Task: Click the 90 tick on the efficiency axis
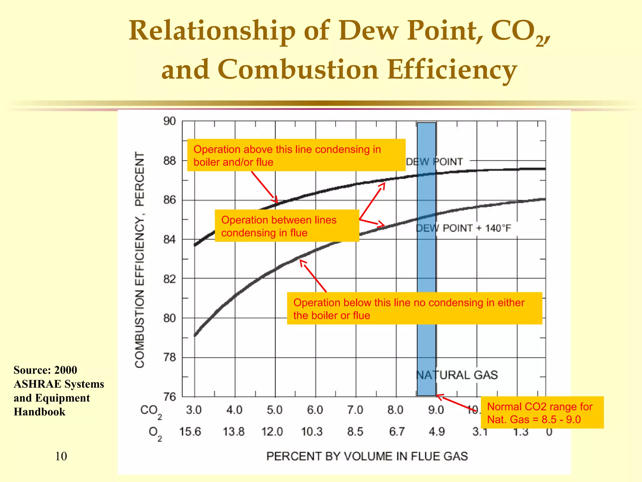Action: click(170, 121)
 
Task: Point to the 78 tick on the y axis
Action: click(170, 357)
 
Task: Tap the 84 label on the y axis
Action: click(170, 239)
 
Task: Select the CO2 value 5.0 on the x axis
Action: click(275, 410)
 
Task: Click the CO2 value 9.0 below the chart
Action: click(436, 410)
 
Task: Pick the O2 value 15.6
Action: click(190, 432)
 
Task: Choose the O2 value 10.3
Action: click(312, 432)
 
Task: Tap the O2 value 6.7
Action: click(397, 432)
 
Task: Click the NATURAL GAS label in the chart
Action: click(457, 375)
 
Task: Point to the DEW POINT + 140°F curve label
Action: click(463, 228)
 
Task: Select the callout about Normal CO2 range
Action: click(542, 413)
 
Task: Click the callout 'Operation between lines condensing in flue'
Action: click(287, 226)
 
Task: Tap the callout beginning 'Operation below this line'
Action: click(414, 308)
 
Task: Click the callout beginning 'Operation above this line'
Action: click(296, 155)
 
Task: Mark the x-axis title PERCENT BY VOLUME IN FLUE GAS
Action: click(367, 456)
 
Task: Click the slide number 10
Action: click(61, 456)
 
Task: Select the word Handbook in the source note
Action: click(39, 412)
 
